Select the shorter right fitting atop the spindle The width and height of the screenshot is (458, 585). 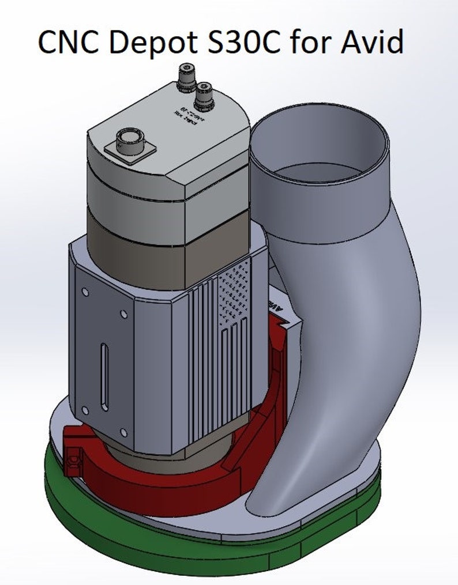click(x=203, y=96)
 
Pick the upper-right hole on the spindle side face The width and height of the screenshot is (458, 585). click(x=123, y=315)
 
